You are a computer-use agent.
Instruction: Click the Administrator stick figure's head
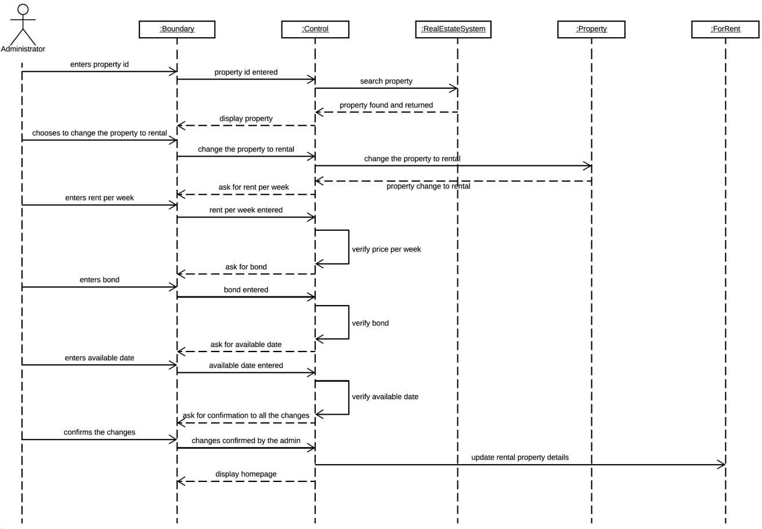tap(23, 9)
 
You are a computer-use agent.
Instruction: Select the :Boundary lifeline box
tap(177, 29)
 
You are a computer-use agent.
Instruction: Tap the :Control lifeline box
tap(315, 29)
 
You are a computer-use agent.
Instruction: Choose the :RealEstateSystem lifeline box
tap(453, 29)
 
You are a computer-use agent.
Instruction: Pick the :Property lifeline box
tap(591, 29)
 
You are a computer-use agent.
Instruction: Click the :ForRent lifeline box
tap(725, 29)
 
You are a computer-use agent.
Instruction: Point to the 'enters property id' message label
tap(99, 64)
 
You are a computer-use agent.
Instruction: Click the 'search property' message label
tap(386, 81)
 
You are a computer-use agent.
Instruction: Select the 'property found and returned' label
tap(386, 105)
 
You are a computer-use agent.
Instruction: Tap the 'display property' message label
tap(246, 118)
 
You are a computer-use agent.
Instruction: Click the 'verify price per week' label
tap(386, 249)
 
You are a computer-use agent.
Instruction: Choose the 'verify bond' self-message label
tap(370, 323)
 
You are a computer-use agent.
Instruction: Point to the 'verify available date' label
tap(385, 396)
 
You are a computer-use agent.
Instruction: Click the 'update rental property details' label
tap(520, 457)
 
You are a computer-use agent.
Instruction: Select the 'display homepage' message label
tap(246, 474)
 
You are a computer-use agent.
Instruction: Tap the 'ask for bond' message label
tap(246, 267)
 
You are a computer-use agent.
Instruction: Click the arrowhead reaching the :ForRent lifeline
tap(722, 465)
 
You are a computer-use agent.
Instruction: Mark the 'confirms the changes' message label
tap(99, 432)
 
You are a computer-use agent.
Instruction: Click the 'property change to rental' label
tap(428, 186)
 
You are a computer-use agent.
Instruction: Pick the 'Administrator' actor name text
tap(23, 49)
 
